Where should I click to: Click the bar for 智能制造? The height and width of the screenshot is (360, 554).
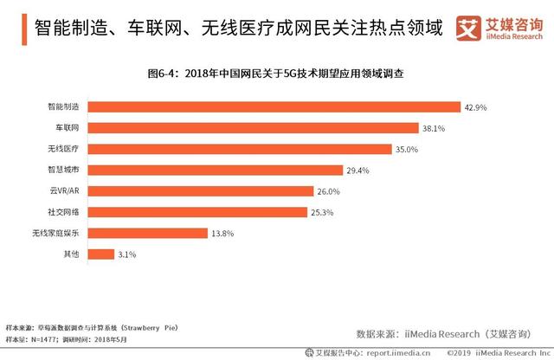[274, 107]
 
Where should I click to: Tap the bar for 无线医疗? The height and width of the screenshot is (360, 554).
[241, 149]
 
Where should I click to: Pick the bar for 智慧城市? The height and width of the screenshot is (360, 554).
[216, 170]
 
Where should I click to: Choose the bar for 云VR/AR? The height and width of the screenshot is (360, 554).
[202, 191]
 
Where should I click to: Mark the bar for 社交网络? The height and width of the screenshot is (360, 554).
[198, 212]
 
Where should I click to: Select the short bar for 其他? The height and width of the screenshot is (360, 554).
[102, 254]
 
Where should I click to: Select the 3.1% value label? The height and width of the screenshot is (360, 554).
[129, 254]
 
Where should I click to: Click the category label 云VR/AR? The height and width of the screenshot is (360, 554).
[65, 191]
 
